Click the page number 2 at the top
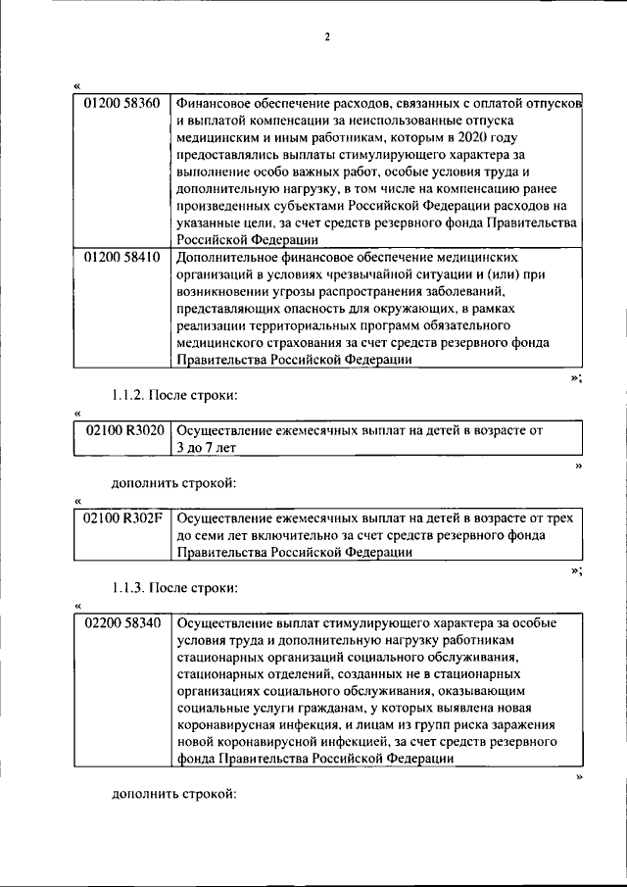coord(327,37)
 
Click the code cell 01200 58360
coord(122,103)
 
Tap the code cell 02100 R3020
coord(123,429)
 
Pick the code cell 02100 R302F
coord(123,517)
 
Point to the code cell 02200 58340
coord(123,622)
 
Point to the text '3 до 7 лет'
coord(207,447)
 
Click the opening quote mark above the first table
coord(77,85)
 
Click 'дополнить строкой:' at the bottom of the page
coord(173,792)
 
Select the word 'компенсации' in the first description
coord(273,120)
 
